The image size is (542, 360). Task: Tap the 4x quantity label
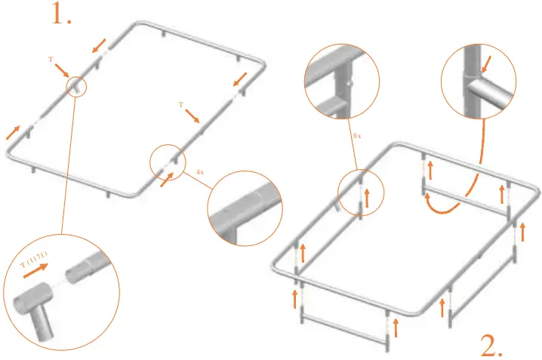point(199,172)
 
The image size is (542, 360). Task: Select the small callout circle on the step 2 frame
point(359,193)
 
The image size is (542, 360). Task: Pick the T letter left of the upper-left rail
point(50,58)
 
